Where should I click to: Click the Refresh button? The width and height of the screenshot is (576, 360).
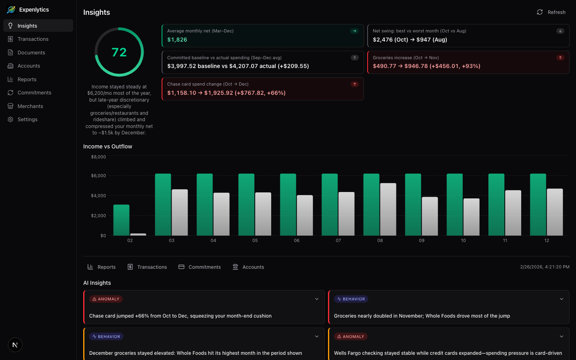tap(551, 12)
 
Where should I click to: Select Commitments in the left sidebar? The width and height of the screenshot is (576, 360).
tap(34, 93)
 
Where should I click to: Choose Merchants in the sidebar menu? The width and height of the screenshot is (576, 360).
tap(30, 106)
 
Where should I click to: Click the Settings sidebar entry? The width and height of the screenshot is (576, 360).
tap(27, 120)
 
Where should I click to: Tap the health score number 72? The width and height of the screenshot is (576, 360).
tap(119, 52)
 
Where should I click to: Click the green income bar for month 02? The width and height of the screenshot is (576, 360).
tap(121, 220)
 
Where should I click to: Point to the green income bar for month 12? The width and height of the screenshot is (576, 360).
tap(538, 204)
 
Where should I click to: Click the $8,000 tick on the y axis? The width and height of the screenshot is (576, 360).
tap(98, 157)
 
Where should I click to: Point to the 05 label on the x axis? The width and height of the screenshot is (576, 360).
tap(255, 241)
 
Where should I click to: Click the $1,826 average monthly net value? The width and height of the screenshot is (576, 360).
tap(177, 40)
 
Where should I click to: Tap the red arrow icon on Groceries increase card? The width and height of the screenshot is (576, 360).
tap(560, 58)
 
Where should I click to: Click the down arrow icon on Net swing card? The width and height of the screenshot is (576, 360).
tap(560, 31)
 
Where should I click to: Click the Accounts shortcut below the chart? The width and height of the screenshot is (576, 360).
tap(248, 267)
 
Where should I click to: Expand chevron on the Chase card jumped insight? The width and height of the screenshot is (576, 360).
tap(316, 299)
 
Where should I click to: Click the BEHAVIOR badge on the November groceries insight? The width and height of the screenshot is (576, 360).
tap(351, 299)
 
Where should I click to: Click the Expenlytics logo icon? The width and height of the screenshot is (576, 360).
tap(11, 10)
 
